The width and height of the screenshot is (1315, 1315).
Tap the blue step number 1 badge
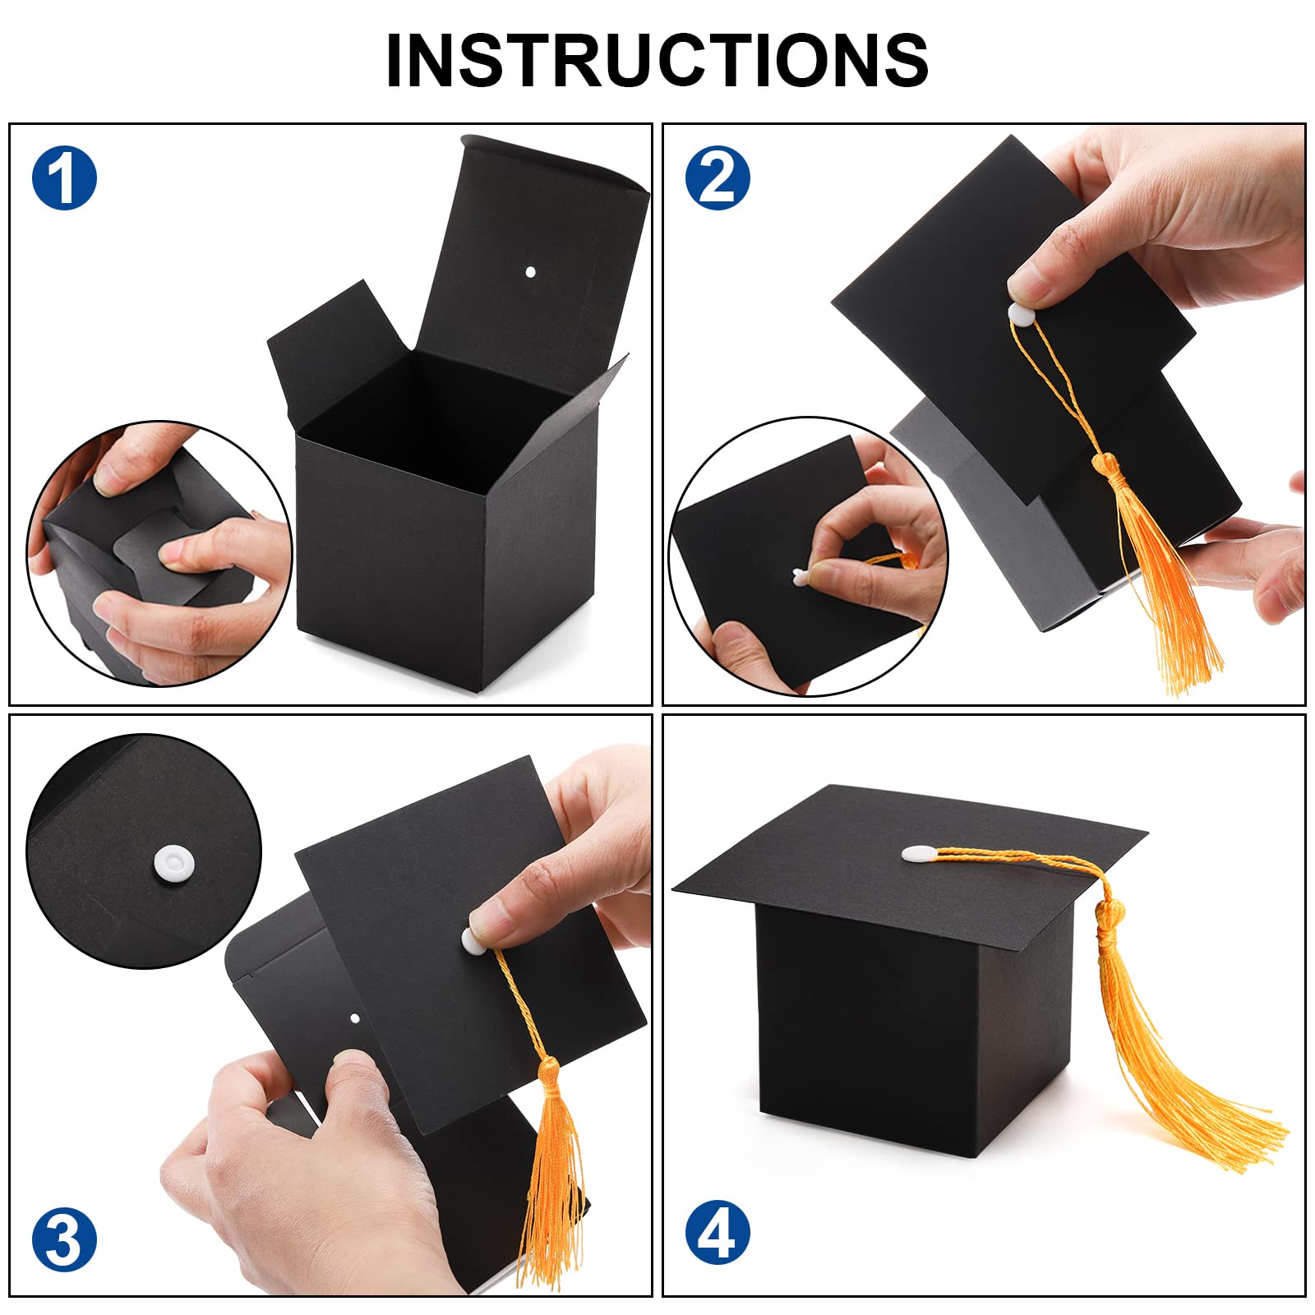point(64,178)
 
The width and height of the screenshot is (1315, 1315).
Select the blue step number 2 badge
point(717,178)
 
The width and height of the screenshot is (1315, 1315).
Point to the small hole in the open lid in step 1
point(530,271)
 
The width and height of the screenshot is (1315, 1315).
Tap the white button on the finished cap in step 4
point(919,854)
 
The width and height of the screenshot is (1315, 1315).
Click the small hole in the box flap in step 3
point(355,1019)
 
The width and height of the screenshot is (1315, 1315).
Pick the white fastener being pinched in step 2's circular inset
point(799,577)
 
